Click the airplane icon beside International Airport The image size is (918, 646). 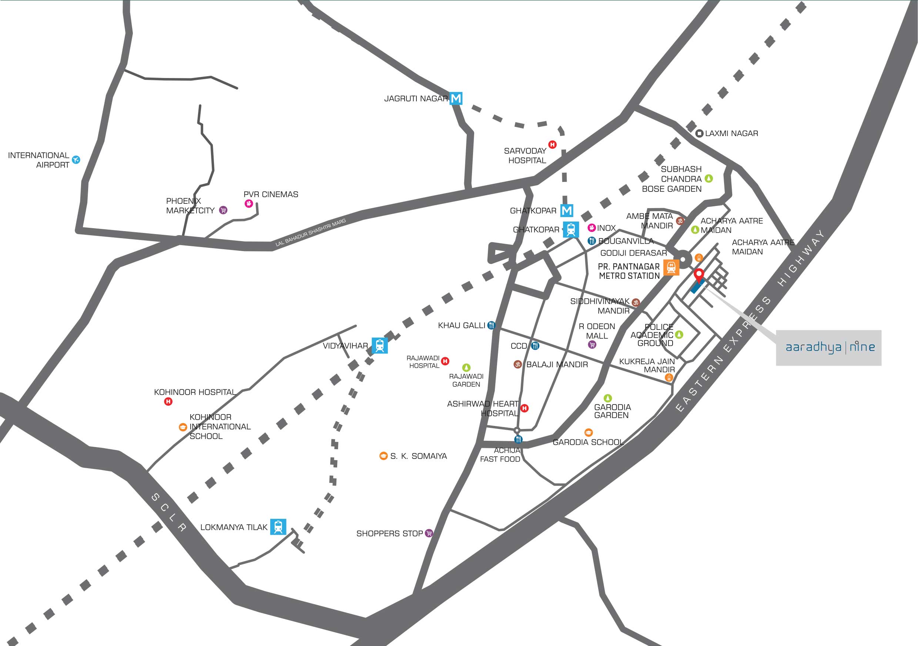(76, 160)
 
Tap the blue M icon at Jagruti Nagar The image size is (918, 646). (456, 98)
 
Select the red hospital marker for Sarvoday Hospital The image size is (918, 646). (553, 145)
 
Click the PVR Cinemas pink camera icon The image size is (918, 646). (249, 204)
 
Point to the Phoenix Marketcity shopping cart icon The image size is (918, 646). (224, 210)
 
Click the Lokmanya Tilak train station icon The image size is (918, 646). (278, 527)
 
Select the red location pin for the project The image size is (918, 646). (698, 275)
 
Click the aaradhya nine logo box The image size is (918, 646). (828, 348)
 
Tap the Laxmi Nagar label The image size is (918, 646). (731, 133)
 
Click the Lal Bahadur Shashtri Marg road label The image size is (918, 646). (311, 233)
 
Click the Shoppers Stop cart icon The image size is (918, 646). (429, 533)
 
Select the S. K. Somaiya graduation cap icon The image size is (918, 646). (383, 456)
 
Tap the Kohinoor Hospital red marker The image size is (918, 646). (168, 402)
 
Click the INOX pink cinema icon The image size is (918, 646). (592, 228)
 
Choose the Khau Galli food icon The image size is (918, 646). (491, 325)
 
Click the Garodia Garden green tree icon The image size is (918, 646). (608, 398)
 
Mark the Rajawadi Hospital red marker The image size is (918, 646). (445, 361)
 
